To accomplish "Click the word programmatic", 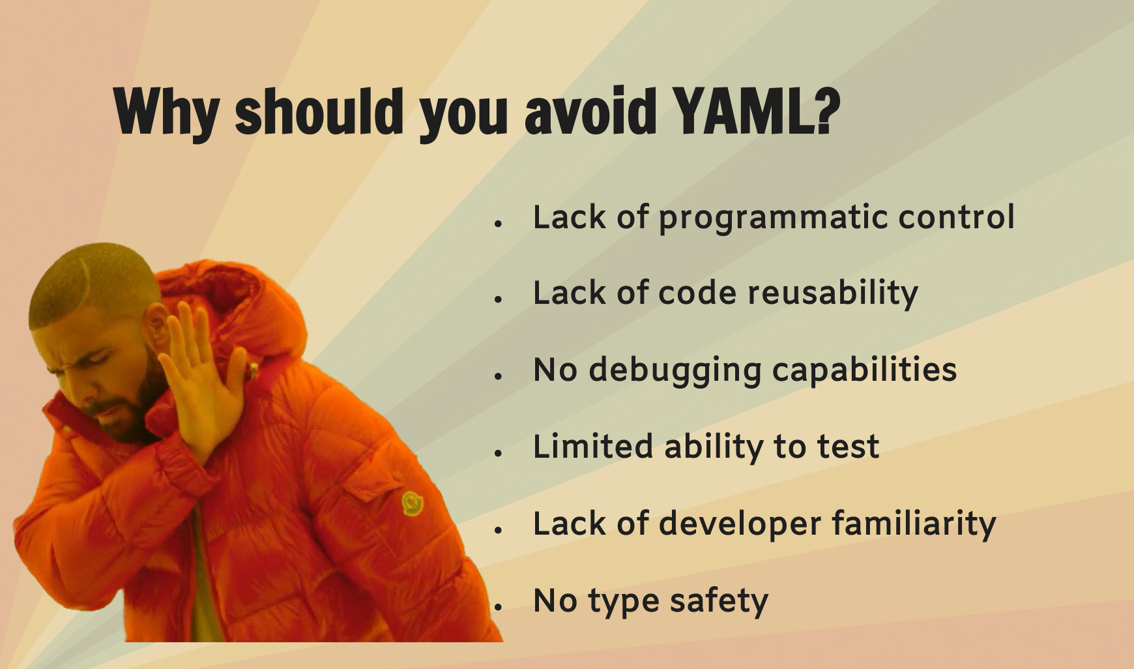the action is [x=773, y=218].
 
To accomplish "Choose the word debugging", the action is [x=675, y=370].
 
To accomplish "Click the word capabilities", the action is [x=865, y=370].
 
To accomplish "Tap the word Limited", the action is [x=593, y=447].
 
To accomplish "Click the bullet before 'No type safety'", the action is [x=499, y=606].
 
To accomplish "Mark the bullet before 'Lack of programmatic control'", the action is [x=499, y=224].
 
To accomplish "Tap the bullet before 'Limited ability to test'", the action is [x=499, y=453].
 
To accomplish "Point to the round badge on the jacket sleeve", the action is [x=412, y=503].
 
